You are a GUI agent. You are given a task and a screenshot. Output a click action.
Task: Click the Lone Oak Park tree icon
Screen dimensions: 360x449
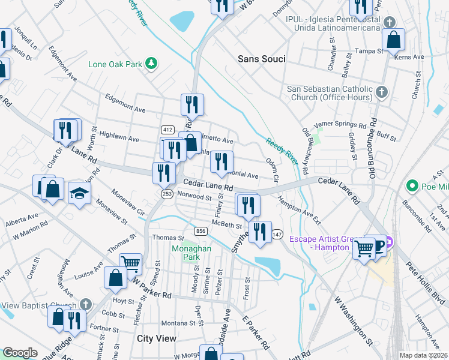coord(152,62)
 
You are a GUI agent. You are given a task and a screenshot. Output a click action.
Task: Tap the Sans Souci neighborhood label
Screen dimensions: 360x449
coord(261,59)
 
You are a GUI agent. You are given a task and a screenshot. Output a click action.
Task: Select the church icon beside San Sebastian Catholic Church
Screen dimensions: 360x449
coord(382,92)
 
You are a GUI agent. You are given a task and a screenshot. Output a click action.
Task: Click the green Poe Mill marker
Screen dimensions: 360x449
coord(412,185)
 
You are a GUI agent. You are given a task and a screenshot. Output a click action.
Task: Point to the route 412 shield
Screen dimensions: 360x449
coord(167,130)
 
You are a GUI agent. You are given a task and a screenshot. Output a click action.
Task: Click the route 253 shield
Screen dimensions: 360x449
coord(167,193)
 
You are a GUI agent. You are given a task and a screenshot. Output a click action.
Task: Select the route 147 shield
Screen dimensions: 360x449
coord(277,233)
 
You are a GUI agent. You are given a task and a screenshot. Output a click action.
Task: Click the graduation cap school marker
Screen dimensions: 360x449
coord(79,193)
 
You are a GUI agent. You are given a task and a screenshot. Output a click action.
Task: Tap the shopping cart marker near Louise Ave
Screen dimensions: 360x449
coord(130,263)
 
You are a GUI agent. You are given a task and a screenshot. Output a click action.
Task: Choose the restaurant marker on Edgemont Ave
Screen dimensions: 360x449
coord(192,105)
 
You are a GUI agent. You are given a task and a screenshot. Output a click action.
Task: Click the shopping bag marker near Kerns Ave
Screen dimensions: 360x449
coord(393,41)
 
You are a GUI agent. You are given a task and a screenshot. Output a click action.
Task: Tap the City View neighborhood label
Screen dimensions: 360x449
coord(157,338)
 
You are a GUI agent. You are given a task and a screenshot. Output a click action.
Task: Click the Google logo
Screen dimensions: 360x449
coord(20,353)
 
